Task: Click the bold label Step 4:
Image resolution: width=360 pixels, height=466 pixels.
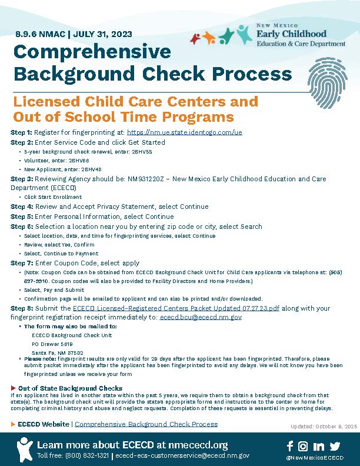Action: pyautogui.click(x=22, y=207)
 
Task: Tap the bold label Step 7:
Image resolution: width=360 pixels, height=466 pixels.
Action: pyautogui.click(x=22, y=263)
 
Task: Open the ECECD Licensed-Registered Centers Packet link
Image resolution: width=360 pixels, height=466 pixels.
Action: pyautogui.click(x=184, y=308)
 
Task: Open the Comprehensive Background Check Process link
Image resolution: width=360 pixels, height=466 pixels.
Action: pyautogui.click(x=146, y=424)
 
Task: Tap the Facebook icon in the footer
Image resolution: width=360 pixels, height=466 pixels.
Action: pyautogui.click(x=289, y=447)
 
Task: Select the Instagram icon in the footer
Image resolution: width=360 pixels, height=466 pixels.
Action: pyautogui.click(x=303, y=447)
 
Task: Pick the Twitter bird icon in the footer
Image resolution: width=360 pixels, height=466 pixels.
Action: pyautogui.click(x=335, y=447)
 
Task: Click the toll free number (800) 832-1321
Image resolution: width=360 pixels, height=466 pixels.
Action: pyautogui.click(x=89, y=455)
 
